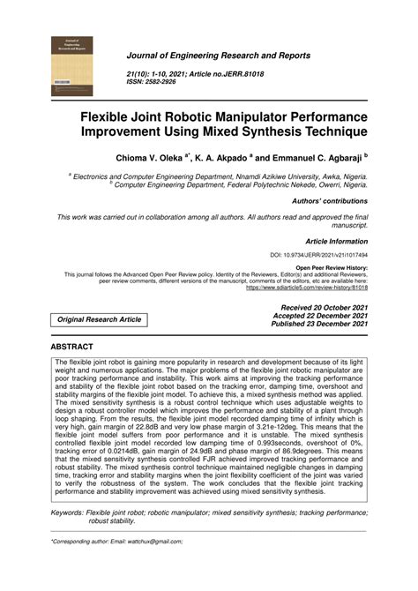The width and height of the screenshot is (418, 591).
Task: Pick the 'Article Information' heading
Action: click(336, 240)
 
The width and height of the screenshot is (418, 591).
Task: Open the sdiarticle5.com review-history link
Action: click(307, 288)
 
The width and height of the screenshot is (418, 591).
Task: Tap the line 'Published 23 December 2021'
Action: click(320, 324)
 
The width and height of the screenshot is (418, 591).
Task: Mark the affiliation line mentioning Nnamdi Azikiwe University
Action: click(220, 176)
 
